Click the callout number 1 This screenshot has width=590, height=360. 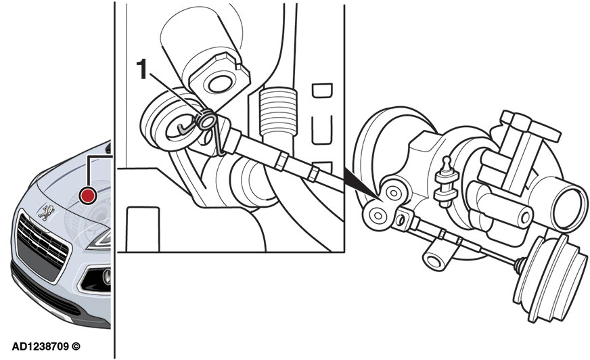pyautogui.click(x=141, y=69)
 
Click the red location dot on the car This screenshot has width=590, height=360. pyautogui.click(x=88, y=196)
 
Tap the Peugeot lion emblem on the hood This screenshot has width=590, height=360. pyautogui.click(x=46, y=212)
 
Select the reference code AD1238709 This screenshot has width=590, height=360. pyautogui.click(x=41, y=346)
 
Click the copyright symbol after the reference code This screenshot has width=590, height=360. pyautogui.click(x=76, y=346)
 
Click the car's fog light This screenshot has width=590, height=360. pyautogui.click(x=107, y=277)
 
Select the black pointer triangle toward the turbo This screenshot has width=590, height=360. pyautogui.click(x=361, y=183)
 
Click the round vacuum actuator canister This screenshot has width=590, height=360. pyautogui.click(x=551, y=278)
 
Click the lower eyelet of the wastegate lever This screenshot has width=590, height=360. pyautogui.click(x=376, y=216)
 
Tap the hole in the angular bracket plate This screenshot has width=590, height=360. pyautogui.click(x=221, y=85)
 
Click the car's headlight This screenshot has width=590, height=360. pyautogui.click(x=99, y=240)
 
